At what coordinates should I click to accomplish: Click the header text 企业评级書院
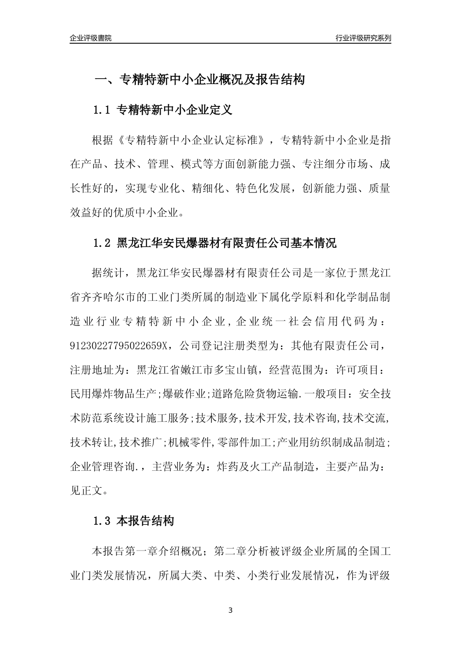[x=91, y=38]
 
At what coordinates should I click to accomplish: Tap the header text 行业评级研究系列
[x=363, y=38]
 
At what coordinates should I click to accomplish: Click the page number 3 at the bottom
[x=230, y=610]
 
